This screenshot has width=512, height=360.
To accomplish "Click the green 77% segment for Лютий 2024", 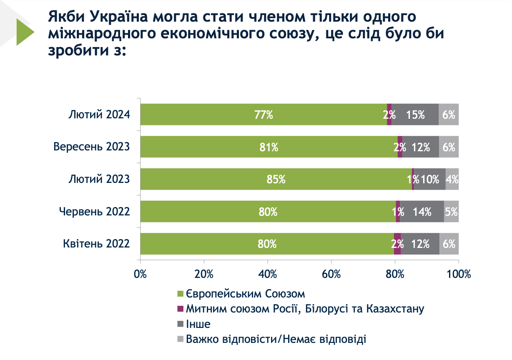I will coord(264,115).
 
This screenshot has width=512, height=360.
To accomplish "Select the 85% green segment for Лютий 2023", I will coord(276,180).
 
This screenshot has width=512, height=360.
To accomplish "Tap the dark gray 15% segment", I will coord(415,115).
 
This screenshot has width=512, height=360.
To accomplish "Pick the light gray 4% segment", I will coord(452,180).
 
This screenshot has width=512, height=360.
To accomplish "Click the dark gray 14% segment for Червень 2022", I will coord(422,212).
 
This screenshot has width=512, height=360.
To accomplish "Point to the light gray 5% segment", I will coord(452,212).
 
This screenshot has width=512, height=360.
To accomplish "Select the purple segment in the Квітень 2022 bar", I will coord(397,244).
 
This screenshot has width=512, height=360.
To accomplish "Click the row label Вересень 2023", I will coord(92,147).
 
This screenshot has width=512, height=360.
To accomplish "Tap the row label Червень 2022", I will coord(94,212).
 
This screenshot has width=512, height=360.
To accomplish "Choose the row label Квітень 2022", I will coord(97,244).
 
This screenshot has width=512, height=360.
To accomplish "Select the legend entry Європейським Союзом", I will coord(246,294).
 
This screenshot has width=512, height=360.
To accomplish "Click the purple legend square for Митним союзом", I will coord(181,309).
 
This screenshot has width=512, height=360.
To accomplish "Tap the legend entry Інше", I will coord(198,324).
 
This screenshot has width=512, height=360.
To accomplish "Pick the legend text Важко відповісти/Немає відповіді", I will coord(276,339).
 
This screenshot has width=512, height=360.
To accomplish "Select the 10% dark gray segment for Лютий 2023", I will coord(429,180).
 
